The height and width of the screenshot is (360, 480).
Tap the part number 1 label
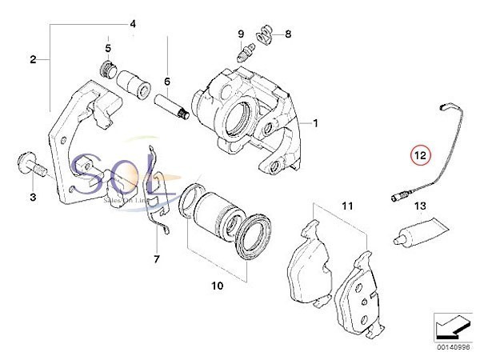tap(315, 123)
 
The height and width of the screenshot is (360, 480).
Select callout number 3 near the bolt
tap(33, 196)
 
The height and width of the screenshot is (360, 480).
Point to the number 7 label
tap(157, 259)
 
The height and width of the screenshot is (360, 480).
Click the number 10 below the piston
tap(218, 283)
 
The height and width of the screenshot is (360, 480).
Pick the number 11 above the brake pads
tap(346, 206)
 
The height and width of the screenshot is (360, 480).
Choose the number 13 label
tap(418, 207)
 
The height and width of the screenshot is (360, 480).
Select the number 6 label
tap(167, 82)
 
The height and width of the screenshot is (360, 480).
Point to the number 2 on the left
tap(34, 59)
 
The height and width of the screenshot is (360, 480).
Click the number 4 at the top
tap(133, 24)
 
